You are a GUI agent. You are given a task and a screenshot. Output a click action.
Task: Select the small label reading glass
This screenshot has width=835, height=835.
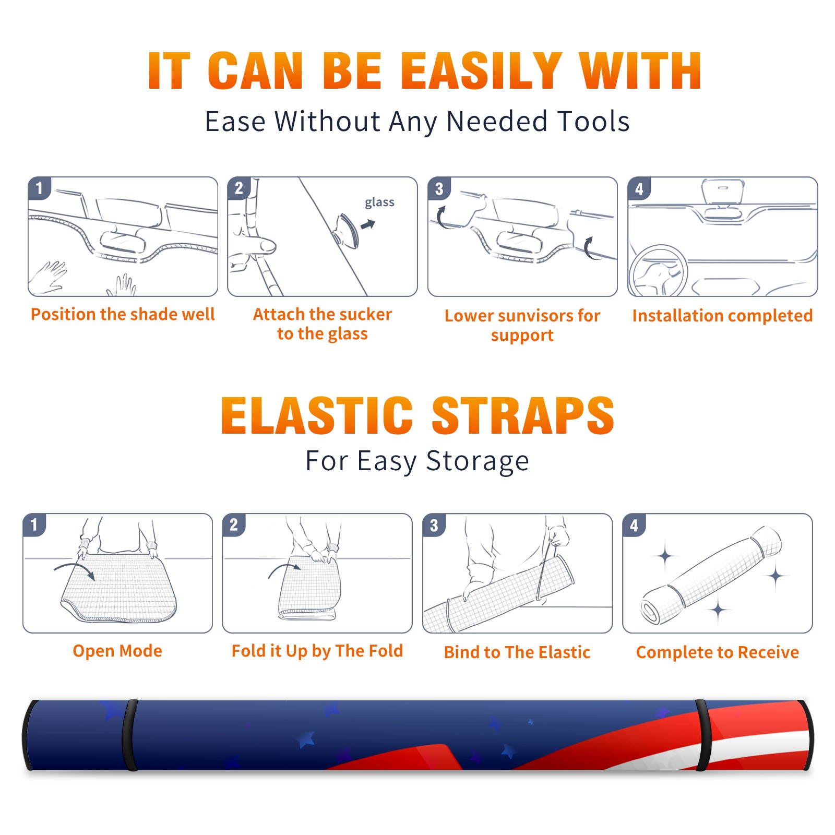(x=379, y=202)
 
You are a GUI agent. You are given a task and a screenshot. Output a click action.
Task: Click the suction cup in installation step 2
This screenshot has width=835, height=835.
(x=346, y=230)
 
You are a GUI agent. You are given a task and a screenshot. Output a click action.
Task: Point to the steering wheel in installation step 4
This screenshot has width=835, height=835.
(x=658, y=271)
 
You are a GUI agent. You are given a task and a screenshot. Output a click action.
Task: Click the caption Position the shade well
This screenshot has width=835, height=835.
(x=123, y=314)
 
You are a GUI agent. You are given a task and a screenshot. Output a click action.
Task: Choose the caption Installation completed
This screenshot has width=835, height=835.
(x=722, y=316)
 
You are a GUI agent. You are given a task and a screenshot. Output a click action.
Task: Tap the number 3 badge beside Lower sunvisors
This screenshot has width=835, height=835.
(x=439, y=188)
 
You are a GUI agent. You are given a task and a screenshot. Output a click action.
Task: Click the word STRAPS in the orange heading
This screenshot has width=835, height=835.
(x=523, y=415)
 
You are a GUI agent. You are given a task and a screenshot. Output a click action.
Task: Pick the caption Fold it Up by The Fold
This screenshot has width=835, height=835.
(x=317, y=651)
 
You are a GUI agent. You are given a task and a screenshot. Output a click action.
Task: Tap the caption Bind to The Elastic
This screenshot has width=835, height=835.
(x=517, y=652)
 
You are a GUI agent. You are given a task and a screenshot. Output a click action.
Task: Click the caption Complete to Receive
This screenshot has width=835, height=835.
(x=718, y=652)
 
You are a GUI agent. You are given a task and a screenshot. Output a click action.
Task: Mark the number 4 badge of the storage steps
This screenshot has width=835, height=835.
(x=634, y=525)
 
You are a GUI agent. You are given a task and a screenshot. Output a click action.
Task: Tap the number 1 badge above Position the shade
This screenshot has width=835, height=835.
(x=39, y=188)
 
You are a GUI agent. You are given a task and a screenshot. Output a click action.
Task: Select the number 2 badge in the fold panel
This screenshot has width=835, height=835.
(x=234, y=525)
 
